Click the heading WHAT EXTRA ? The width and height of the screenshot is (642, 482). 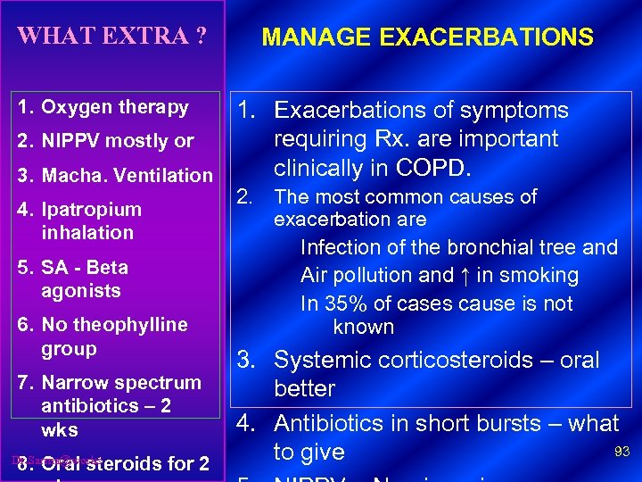pyautogui.click(x=112, y=37)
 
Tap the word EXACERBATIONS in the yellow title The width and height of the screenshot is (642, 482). pyautogui.click(x=485, y=37)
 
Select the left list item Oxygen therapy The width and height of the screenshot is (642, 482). pyautogui.click(x=115, y=107)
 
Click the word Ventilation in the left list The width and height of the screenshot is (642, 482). pyautogui.click(x=165, y=176)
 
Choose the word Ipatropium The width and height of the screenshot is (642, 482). pyautogui.click(x=91, y=210)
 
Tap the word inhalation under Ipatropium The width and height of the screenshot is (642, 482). pyautogui.click(x=86, y=233)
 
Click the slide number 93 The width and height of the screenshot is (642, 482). pyautogui.click(x=621, y=453)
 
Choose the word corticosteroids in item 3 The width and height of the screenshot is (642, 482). pyautogui.click(x=444, y=361)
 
